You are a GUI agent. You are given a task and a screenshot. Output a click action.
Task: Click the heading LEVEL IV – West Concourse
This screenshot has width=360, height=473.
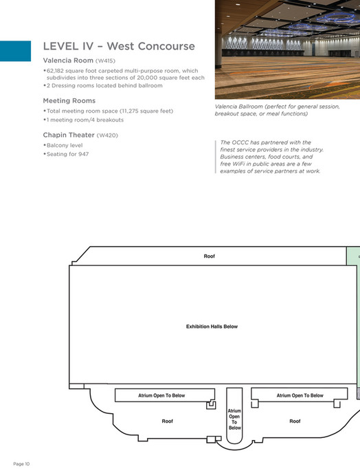(x=119, y=47)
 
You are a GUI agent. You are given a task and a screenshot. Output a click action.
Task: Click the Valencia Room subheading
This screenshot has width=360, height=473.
(x=68, y=60)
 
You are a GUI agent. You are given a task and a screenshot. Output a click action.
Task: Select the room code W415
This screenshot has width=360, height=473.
(x=106, y=60)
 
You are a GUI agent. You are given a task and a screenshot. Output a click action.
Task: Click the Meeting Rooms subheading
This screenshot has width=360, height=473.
(x=69, y=100)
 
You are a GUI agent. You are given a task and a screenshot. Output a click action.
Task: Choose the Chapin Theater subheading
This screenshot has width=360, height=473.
(x=69, y=135)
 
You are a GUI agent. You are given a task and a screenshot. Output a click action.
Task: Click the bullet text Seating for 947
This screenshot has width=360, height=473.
(x=67, y=153)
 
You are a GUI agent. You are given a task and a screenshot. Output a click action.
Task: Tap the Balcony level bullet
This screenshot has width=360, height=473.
(x=65, y=145)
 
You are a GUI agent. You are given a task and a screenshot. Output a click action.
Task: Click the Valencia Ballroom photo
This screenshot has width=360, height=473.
(x=287, y=49)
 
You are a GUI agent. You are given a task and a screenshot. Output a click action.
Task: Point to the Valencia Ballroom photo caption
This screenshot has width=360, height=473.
(x=286, y=111)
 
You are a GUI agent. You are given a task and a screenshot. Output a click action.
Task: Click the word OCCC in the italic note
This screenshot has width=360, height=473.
(x=241, y=142)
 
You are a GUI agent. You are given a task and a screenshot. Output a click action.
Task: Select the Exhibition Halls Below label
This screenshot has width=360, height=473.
(x=212, y=327)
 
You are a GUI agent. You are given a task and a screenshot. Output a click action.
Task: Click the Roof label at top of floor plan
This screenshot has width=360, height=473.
(x=210, y=256)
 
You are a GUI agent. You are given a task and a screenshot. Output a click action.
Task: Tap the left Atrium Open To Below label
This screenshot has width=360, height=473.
(x=161, y=395)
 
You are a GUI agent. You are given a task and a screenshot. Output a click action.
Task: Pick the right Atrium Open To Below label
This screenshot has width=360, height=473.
(x=300, y=395)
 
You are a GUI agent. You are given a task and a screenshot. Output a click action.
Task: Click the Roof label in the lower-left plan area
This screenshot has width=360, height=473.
(x=167, y=421)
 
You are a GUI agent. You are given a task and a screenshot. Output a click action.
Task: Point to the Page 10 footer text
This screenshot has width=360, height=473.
(x=21, y=464)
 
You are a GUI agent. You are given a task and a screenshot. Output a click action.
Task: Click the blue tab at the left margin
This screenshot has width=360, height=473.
(x=15, y=51)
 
